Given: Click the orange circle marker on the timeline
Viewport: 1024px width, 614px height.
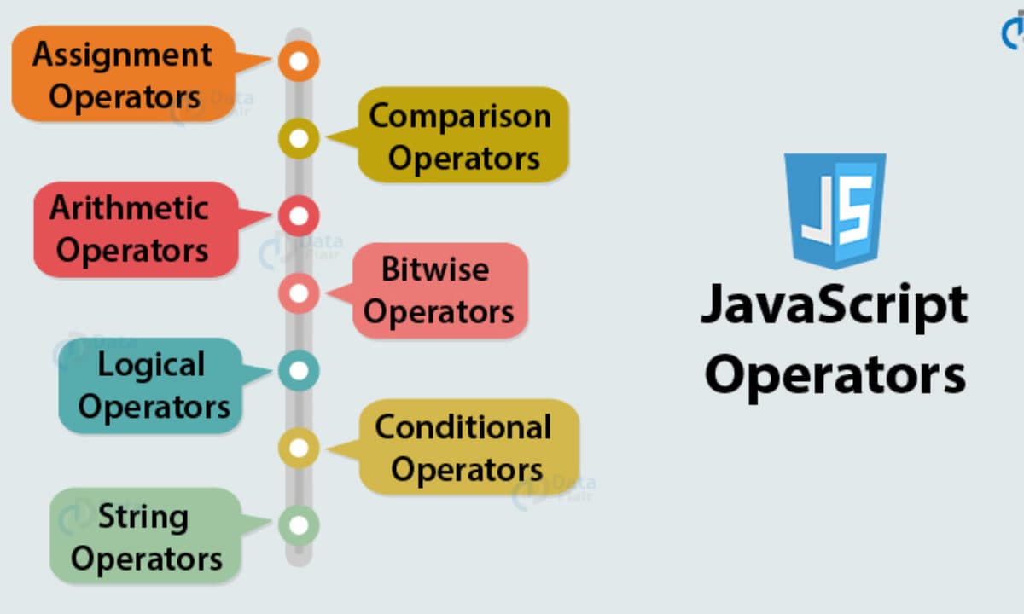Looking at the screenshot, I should click(x=298, y=61).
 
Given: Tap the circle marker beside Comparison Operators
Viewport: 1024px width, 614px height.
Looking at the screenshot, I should click(x=298, y=138).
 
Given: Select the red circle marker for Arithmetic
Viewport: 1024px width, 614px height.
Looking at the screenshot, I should click(x=298, y=216).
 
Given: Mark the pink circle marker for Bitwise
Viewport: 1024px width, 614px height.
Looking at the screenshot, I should click(x=298, y=293).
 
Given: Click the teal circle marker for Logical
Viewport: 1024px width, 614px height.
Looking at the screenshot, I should click(x=298, y=370).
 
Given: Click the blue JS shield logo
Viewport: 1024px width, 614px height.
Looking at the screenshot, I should click(x=835, y=209).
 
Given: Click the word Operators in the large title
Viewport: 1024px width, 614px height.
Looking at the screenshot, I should click(x=835, y=375).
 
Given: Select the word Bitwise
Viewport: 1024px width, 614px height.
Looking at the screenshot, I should click(x=435, y=269).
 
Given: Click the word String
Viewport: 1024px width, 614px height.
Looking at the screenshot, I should click(x=143, y=516).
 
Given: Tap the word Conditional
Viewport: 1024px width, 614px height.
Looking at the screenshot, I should click(x=463, y=426).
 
